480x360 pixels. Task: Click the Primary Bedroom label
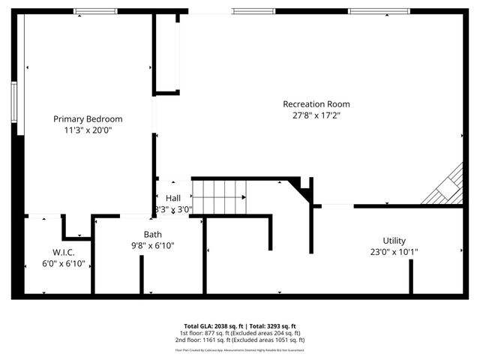[x=88, y=118]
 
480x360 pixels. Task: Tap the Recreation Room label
[x=316, y=104]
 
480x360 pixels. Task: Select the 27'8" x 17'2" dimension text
[x=316, y=115]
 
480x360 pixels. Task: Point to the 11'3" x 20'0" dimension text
[x=88, y=130]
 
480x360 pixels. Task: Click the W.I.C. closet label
[x=63, y=251]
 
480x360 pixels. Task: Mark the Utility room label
[x=394, y=241]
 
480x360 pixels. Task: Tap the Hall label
[x=173, y=198]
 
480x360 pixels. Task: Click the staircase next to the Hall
[x=220, y=196]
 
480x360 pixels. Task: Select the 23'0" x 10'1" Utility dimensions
[x=394, y=252]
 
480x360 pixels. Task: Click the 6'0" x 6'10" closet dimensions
[x=63, y=263]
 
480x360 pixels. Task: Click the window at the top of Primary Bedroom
[x=95, y=11]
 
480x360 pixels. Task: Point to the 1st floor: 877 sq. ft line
[x=240, y=333]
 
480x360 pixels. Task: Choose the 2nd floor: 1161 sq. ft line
[x=240, y=340]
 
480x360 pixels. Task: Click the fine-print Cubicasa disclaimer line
[x=240, y=349]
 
